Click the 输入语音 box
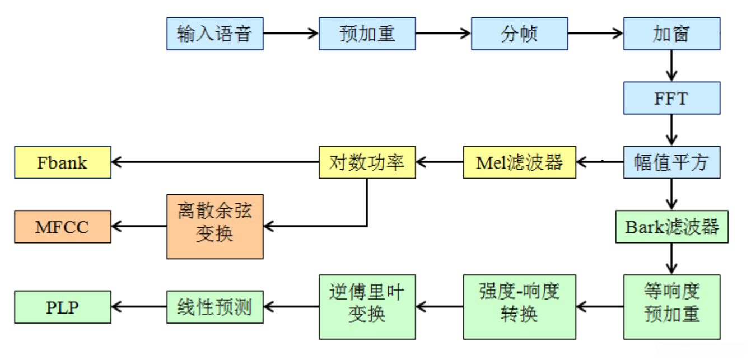tap(215, 34)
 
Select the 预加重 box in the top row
tap(367, 34)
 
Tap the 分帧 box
tap(519, 34)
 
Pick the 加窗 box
tap(671, 34)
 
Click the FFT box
tap(671, 99)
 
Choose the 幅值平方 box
tap(671, 162)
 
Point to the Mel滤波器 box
tap(520, 162)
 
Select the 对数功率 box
tap(367, 162)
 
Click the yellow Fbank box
tap(63, 162)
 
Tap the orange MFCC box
tap(63, 227)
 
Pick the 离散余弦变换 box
tap(215, 227)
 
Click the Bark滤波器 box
tap(671, 227)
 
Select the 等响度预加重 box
tap(671, 307)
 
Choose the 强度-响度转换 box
tap(520, 307)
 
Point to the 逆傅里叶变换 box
tap(367, 307)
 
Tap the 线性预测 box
tap(215, 307)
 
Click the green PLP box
tap(63, 307)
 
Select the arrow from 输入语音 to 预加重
tap(291, 34)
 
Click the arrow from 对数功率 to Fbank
tap(215, 162)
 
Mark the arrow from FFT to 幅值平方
tap(671, 130)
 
